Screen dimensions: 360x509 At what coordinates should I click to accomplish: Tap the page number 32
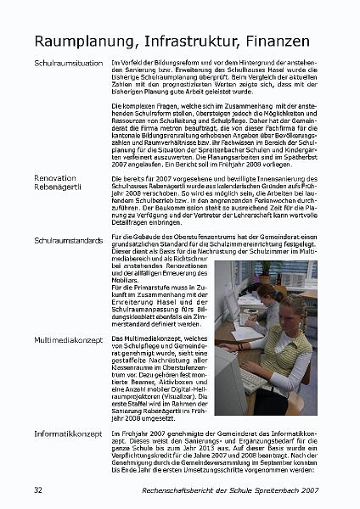point(38,490)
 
